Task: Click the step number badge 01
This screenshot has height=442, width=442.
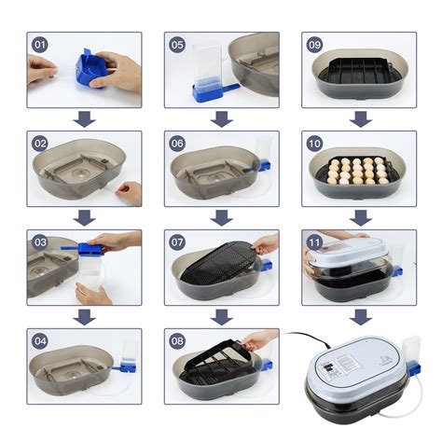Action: point(39,45)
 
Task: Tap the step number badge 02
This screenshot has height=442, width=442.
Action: point(39,144)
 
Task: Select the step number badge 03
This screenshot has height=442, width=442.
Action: point(39,242)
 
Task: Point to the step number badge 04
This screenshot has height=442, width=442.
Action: point(39,341)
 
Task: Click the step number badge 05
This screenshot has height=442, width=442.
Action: point(177,45)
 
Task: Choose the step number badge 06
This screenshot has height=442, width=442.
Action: point(177,144)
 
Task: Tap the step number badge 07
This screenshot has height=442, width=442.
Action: point(177,242)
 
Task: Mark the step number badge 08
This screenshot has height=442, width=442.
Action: point(177,341)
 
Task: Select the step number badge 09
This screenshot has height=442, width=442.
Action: point(314,45)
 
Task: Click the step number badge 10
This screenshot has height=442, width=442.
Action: point(314,144)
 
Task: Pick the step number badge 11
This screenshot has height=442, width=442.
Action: point(314,242)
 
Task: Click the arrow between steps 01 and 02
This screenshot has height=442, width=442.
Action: point(84,118)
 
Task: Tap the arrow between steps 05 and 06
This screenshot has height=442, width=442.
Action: point(221,118)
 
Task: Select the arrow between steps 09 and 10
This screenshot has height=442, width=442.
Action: point(359,118)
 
